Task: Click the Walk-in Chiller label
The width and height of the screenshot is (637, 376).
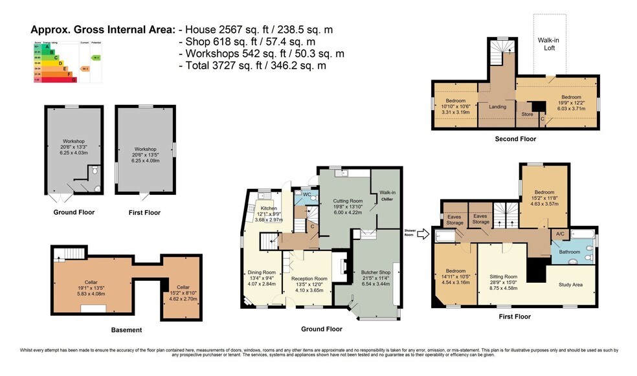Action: pos(387,195)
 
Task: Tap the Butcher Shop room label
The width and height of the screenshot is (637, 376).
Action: pos(375,273)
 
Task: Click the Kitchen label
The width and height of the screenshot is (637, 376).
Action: pos(268,208)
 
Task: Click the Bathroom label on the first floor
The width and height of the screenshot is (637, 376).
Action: pos(570,252)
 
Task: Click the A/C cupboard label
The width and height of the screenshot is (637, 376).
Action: pos(559,234)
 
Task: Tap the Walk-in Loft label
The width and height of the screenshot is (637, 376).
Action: pos(548,43)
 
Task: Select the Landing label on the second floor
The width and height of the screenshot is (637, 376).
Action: pos(497,107)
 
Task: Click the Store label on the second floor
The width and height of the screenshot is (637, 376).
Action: pos(526,115)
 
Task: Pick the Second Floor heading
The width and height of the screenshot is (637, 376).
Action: pos(515,138)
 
